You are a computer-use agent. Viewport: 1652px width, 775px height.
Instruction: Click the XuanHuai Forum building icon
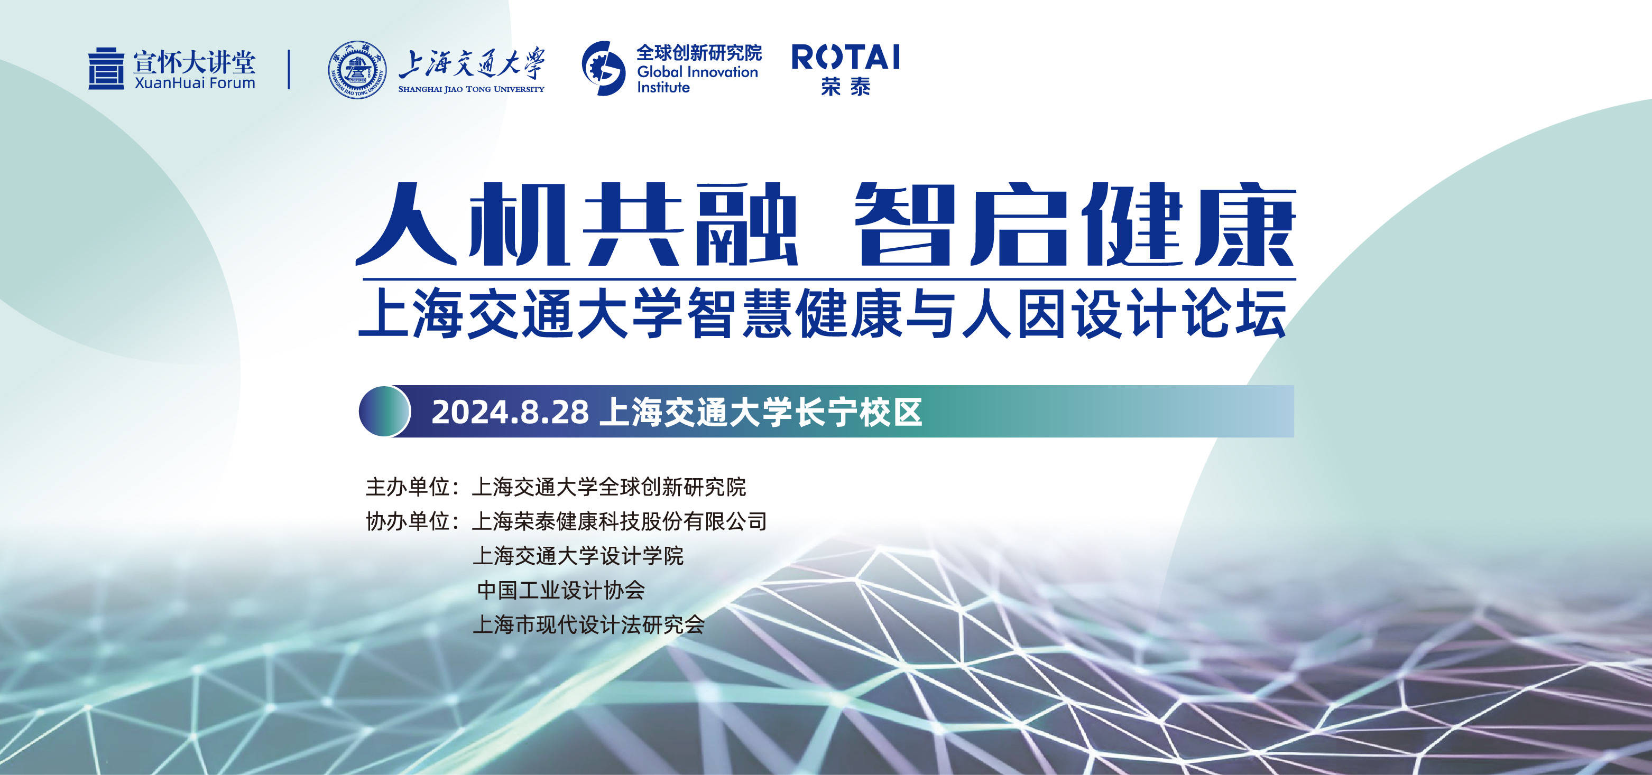pos(106,69)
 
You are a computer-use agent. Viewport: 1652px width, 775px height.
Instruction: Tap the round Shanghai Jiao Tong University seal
pos(357,69)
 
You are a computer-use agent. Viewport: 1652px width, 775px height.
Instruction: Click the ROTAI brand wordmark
pos(845,57)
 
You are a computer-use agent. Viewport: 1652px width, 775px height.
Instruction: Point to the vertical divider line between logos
pos(289,69)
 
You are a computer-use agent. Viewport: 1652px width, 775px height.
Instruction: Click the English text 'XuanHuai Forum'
pos(195,83)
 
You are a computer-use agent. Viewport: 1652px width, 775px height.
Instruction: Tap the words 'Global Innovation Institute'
pos(697,79)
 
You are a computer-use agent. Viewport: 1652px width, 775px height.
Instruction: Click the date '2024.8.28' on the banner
pos(510,412)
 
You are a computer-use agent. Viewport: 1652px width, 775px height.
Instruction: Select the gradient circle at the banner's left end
pos(384,412)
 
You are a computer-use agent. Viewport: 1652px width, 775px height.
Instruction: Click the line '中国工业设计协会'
pos(560,590)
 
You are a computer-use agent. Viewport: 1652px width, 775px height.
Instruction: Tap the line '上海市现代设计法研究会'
pos(589,624)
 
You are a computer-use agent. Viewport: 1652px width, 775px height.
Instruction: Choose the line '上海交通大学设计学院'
pos(578,556)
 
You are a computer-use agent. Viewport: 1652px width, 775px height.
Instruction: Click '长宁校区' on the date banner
pos(858,412)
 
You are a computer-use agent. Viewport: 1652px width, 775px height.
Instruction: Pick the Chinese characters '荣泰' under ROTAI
pos(845,87)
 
